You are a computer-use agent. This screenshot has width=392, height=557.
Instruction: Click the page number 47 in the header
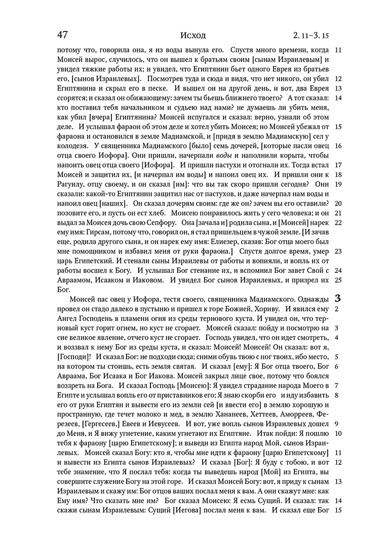coord(63,35)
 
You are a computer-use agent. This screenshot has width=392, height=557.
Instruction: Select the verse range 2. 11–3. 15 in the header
coord(310,36)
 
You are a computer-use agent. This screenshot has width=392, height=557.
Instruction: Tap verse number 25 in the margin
coord(339,280)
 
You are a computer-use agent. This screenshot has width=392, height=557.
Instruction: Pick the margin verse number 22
coord(339,222)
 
